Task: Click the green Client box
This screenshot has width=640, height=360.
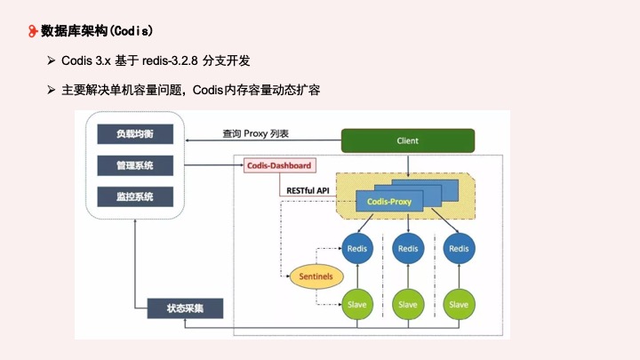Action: click(408, 140)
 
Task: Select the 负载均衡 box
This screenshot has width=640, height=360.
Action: click(134, 134)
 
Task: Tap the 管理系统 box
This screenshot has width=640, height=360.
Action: click(134, 165)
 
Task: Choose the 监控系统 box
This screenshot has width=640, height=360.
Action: click(134, 196)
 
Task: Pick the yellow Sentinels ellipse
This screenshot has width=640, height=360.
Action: click(316, 276)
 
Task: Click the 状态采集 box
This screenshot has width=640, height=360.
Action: click(185, 308)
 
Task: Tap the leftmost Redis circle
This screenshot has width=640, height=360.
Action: click(356, 249)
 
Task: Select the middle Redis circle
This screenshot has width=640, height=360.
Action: click(408, 249)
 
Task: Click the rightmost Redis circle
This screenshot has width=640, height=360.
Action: click(459, 249)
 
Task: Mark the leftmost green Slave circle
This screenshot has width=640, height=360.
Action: click(356, 304)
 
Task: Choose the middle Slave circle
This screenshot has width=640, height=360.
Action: click(408, 304)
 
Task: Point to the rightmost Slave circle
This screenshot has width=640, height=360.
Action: click(459, 304)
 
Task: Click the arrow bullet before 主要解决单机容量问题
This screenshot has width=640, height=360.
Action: click(52, 91)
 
